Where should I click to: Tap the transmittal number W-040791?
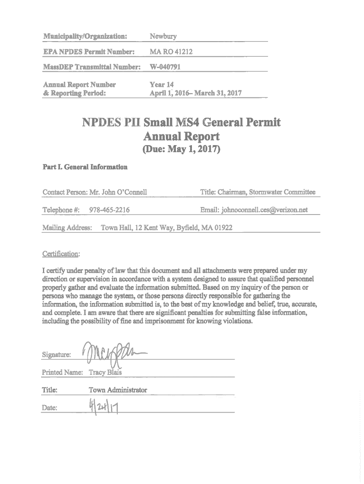click(x=165, y=67)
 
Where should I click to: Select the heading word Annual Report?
click(x=181, y=137)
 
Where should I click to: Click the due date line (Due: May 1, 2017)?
click(x=182, y=151)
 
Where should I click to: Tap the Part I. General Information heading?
click(x=85, y=167)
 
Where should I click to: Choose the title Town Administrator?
click(x=118, y=390)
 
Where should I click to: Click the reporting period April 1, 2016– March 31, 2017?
click(x=196, y=93)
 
